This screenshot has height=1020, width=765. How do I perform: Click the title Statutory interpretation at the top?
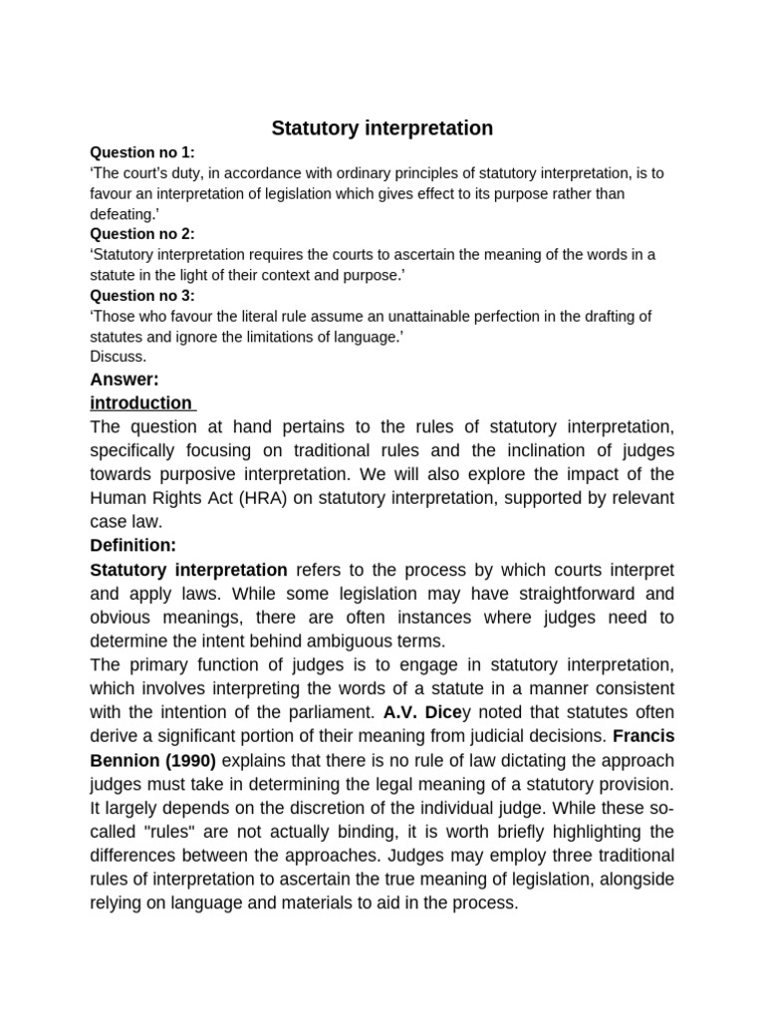click(x=382, y=128)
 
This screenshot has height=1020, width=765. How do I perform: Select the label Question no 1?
click(x=142, y=152)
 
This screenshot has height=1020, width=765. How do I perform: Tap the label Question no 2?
click(x=142, y=234)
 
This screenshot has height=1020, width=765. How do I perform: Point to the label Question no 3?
click(x=142, y=296)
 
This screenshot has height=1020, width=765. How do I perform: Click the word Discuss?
click(x=118, y=357)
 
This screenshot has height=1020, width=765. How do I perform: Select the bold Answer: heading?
click(x=125, y=380)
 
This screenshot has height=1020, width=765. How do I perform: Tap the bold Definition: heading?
click(x=132, y=545)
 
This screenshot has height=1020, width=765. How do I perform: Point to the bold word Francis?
click(x=643, y=736)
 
